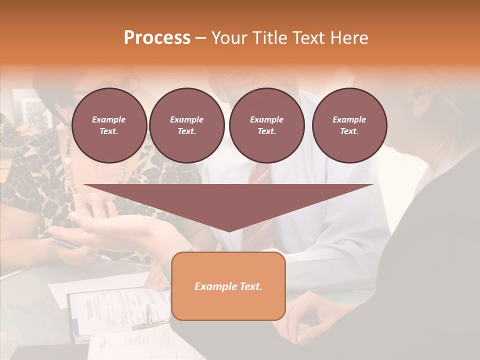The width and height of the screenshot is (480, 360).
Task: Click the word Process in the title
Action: click(x=157, y=38)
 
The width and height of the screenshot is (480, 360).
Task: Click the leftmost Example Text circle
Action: click(x=109, y=125)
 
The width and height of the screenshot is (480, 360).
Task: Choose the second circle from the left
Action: click(x=186, y=125)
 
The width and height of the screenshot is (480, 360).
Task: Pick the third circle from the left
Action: click(x=266, y=125)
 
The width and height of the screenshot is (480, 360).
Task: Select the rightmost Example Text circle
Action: click(x=349, y=125)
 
